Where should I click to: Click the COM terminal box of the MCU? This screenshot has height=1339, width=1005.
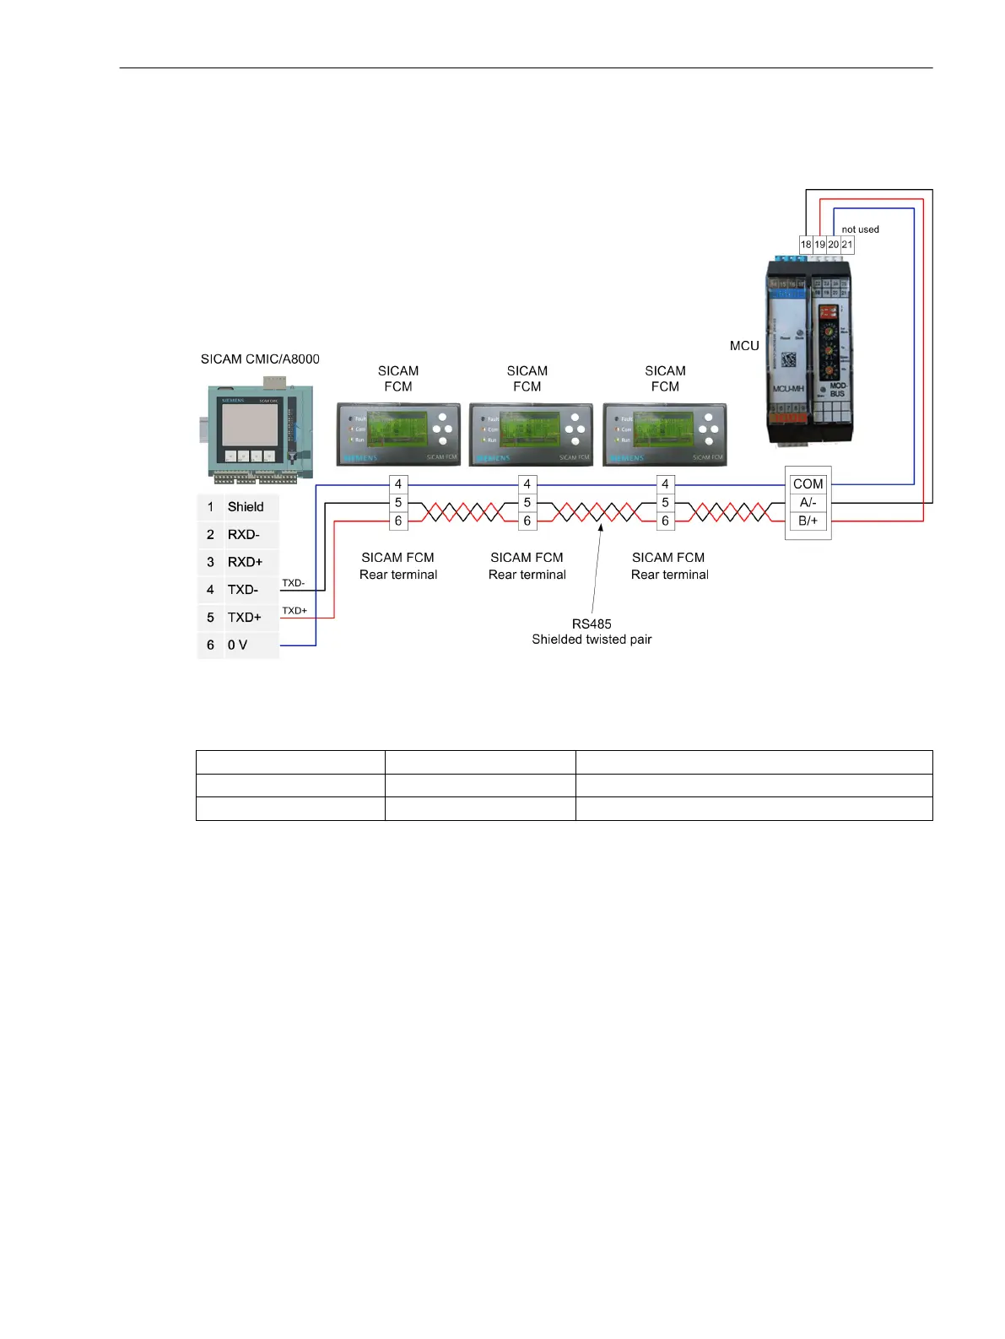coord(808,484)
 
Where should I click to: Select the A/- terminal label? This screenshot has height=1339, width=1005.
coord(808,503)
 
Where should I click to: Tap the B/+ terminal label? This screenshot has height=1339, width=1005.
coord(808,521)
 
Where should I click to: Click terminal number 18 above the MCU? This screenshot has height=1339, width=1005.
coord(806,245)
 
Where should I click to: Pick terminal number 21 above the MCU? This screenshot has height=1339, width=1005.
coord(847,245)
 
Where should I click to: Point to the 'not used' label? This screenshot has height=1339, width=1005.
coord(860,229)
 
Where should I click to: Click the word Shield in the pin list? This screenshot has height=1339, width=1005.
coord(246,507)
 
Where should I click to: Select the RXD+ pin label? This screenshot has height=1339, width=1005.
coord(245,562)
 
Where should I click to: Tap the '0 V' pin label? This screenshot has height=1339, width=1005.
coord(237,645)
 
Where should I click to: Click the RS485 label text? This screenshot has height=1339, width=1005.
coord(592,624)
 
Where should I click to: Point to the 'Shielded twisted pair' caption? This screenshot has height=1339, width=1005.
coord(592,640)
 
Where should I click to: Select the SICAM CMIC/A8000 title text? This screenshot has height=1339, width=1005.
coord(260,359)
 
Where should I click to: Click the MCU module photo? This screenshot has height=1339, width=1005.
coord(809,352)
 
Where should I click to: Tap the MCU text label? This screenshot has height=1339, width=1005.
coord(744,346)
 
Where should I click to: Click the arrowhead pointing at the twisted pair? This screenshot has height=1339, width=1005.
coord(601,528)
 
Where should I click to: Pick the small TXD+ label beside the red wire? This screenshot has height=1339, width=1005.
coord(294,611)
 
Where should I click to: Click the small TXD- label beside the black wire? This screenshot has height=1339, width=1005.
coord(294,583)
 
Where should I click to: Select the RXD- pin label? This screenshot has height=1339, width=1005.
coord(243,535)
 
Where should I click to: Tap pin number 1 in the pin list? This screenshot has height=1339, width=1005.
coord(210,507)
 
